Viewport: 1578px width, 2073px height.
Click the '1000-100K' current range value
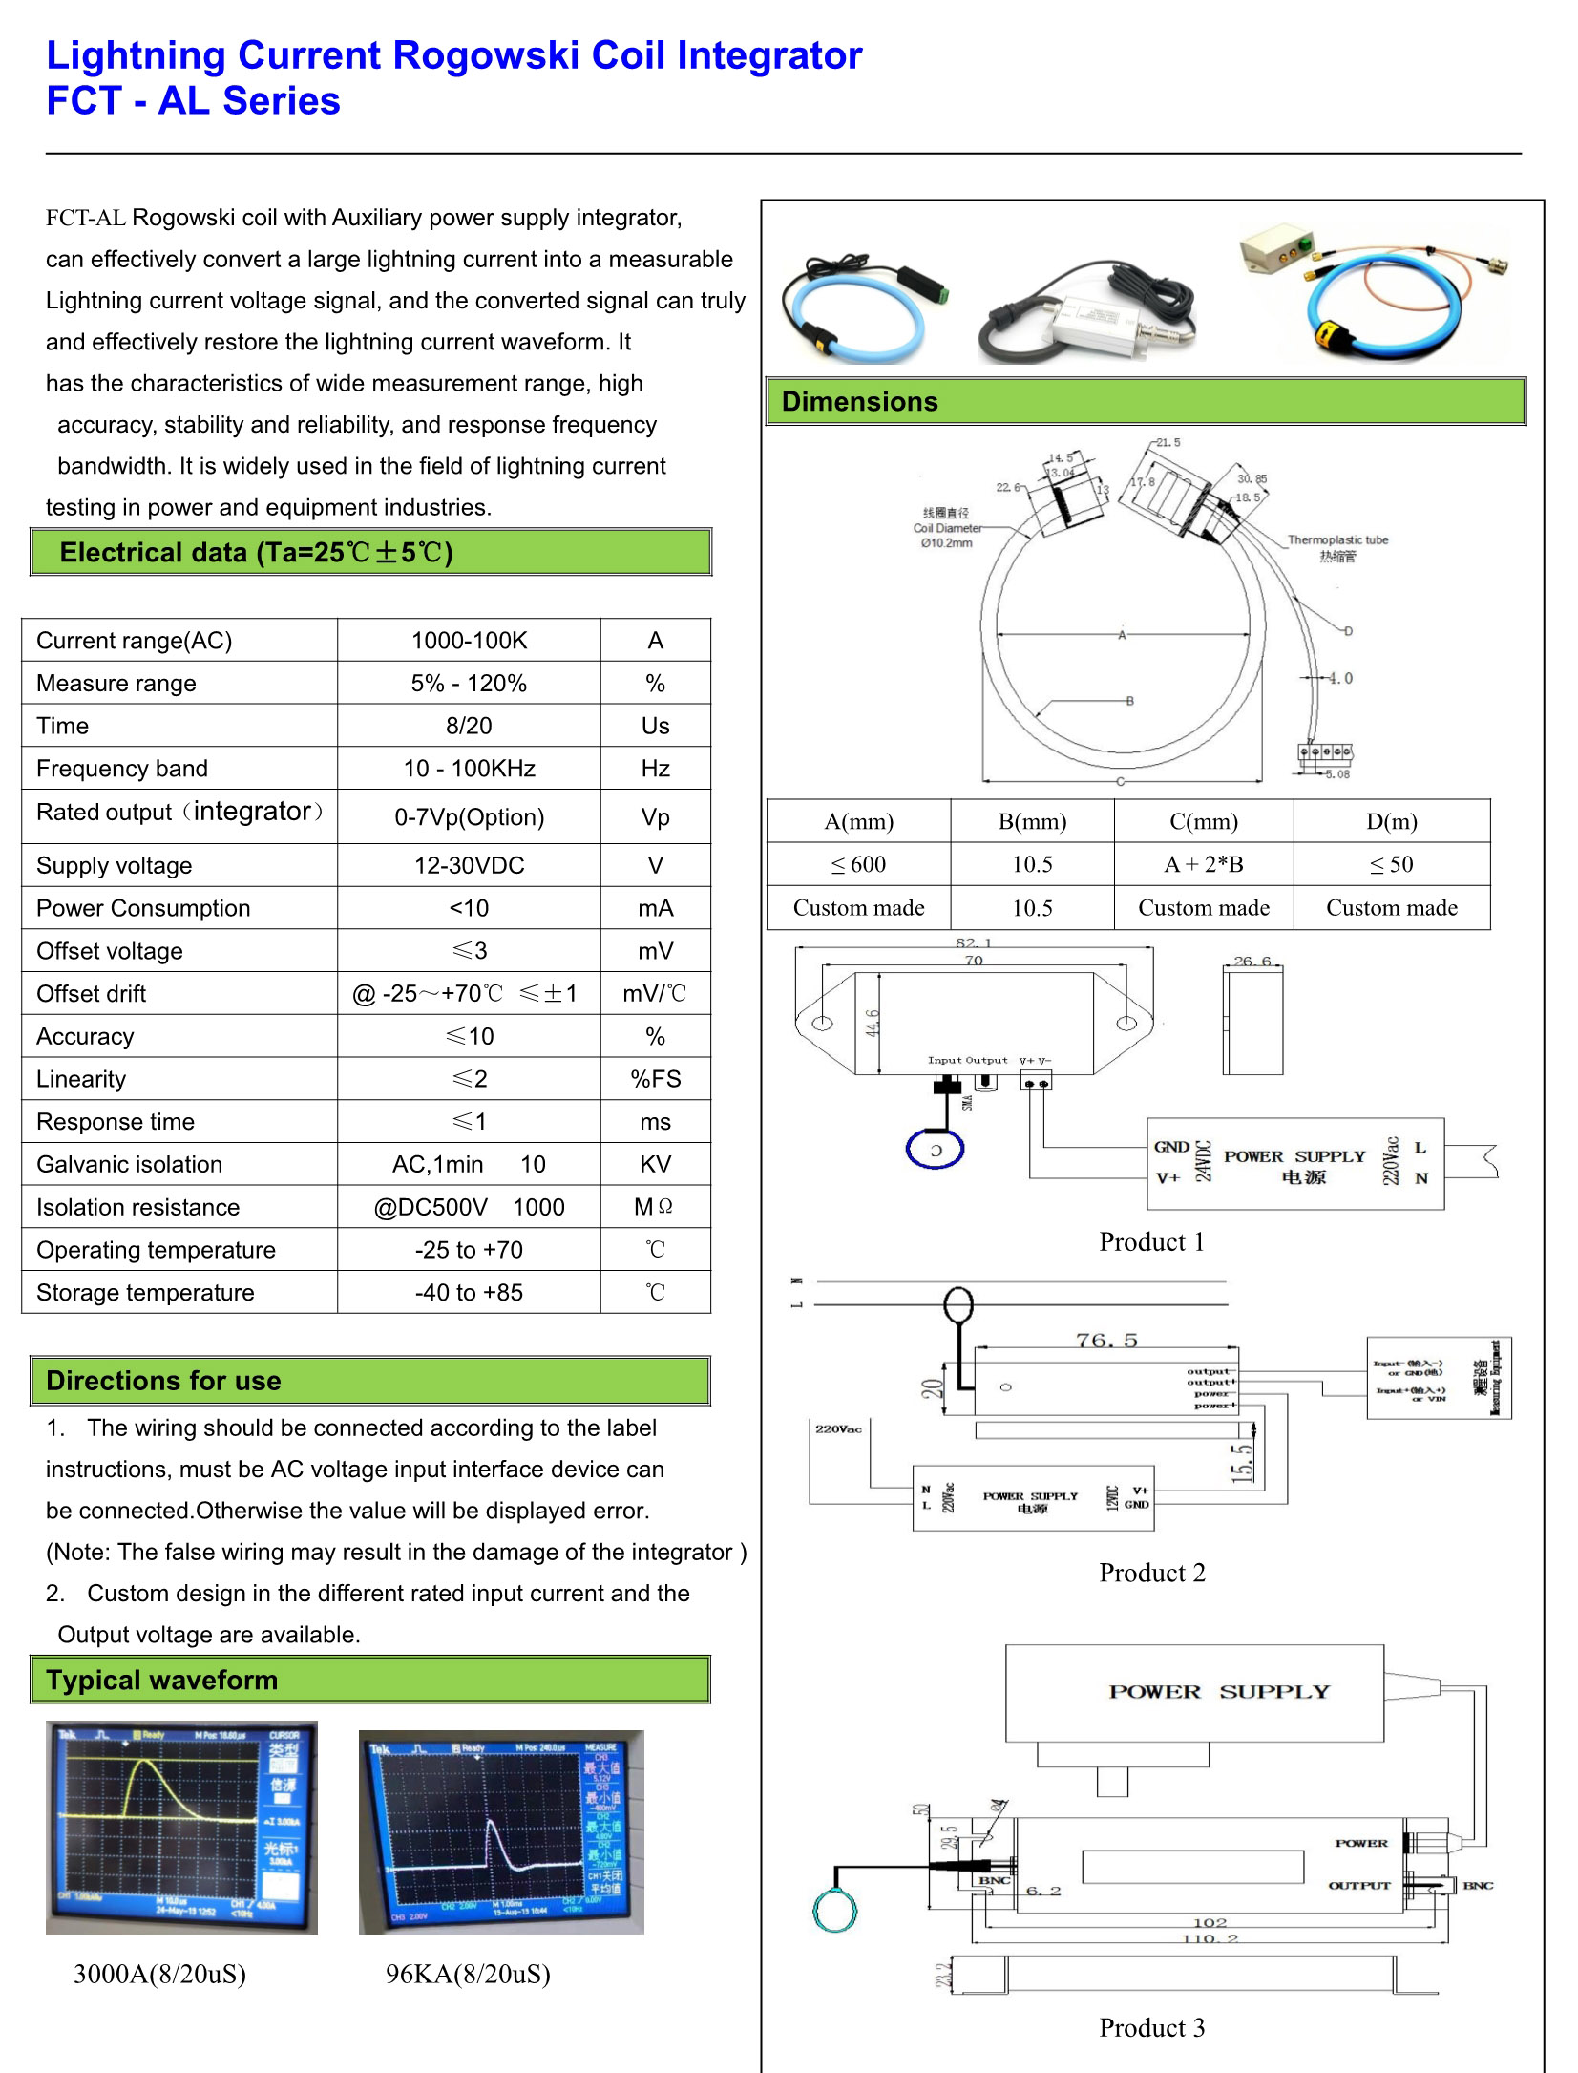click(468, 640)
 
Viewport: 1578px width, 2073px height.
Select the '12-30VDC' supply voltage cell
click(468, 865)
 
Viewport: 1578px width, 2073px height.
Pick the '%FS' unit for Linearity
click(655, 1079)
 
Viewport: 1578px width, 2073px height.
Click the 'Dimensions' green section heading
click(859, 401)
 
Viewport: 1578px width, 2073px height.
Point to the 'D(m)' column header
click(1391, 821)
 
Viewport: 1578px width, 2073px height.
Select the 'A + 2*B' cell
click(1203, 864)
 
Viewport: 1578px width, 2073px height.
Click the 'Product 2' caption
click(1151, 1573)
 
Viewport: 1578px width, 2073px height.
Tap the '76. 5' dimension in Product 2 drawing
click(1106, 1340)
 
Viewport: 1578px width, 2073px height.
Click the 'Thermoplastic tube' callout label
click(1336, 540)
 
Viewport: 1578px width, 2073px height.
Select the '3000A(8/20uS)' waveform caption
click(159, 1974)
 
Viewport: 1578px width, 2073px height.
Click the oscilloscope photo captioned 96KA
click(500, 1831)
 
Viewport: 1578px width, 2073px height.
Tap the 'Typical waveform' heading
click(161, 1680)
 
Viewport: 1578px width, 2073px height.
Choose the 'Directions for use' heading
click(163, 1381)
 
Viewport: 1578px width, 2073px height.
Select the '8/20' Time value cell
click(468, 726)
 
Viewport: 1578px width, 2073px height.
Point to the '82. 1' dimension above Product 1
click(973, 942)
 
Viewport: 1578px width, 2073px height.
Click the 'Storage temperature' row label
click(145, 1292)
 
